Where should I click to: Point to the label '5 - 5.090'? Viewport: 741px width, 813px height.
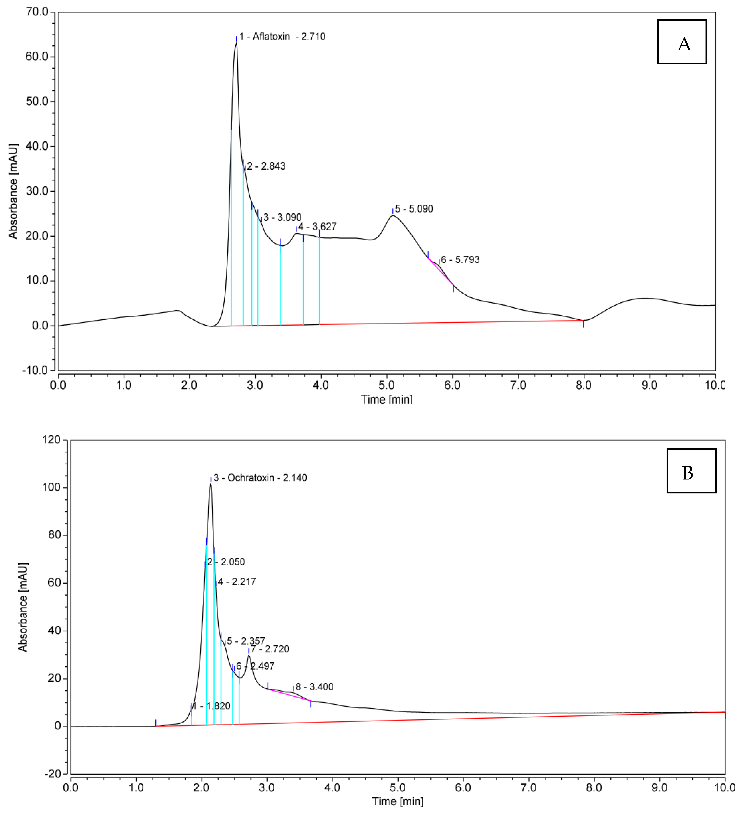414,209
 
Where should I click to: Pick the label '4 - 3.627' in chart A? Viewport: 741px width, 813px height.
317,227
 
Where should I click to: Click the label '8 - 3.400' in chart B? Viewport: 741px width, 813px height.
314,687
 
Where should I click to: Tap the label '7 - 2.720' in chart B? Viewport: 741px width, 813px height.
270,649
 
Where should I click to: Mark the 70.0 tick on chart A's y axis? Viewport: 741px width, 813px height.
37,12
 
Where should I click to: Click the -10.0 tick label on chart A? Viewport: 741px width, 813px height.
35,370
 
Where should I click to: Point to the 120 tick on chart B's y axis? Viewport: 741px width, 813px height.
51,440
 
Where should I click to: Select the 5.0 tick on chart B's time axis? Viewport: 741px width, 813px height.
397,787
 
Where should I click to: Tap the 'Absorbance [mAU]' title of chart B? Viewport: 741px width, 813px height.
23,607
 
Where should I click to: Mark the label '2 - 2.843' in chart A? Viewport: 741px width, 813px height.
266,166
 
